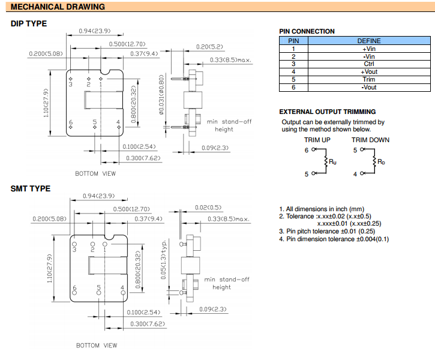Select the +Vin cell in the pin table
tap(369, 49)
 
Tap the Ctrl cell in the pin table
tap(369, 64)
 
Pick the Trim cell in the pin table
tap(369, 79)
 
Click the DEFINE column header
tap(369, 41)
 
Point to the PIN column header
tap(293, 41)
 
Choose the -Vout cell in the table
tap(369, 87)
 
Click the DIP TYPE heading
tap(29, 24)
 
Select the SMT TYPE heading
tap(31, 188)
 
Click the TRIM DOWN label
tap(370, 140)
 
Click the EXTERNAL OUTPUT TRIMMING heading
tap(328, 112)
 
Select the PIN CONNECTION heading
tap(307, 31)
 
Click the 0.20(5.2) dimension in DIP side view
tap(209, 46)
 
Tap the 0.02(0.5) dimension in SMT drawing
tap(208, 208)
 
